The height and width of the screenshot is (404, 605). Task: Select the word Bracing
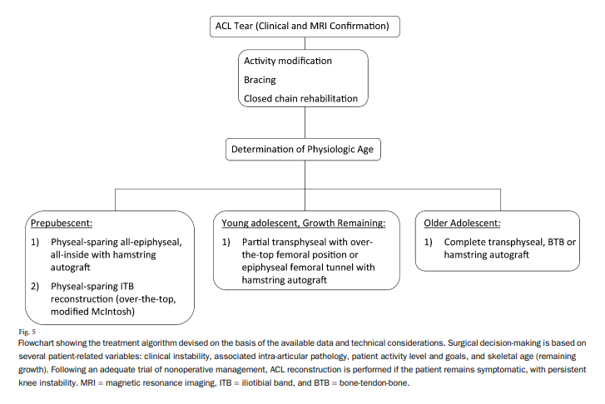pyautogui.click(x=260, y=80)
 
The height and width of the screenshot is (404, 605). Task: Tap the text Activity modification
pyautogui.click(x=288, y=61)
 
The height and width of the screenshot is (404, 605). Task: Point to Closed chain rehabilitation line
pyautogui.click(x=300, y=98)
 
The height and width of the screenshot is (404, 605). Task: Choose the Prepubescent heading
pyautogui.click(x=62, y=224)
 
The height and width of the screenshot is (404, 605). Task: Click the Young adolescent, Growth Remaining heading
pyautogui.click(x=303, y=224)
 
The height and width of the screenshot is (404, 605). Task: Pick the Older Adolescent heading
pyautogui.click(x=462, y=224)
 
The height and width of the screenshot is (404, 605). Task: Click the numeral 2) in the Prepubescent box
pyautogui.click(x=35, y=287)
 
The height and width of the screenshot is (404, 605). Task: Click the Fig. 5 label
pyautogui.click(x=27, y=332)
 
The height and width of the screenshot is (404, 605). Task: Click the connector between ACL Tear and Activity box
pyautogui.click(x=305, y=43)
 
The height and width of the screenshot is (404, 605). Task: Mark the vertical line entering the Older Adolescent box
pyautogui.click(x=500, y=200)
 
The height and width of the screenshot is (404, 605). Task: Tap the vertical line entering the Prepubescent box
pyautogui.click(x=115, y=200)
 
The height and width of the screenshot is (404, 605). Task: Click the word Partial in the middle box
pyautogui.click(x=255, y=242)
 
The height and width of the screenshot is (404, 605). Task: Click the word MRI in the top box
pyautogui.click(x=319, y=26)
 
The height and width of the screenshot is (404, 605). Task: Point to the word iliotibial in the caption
pyautogui.click(x=256, y=382)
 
